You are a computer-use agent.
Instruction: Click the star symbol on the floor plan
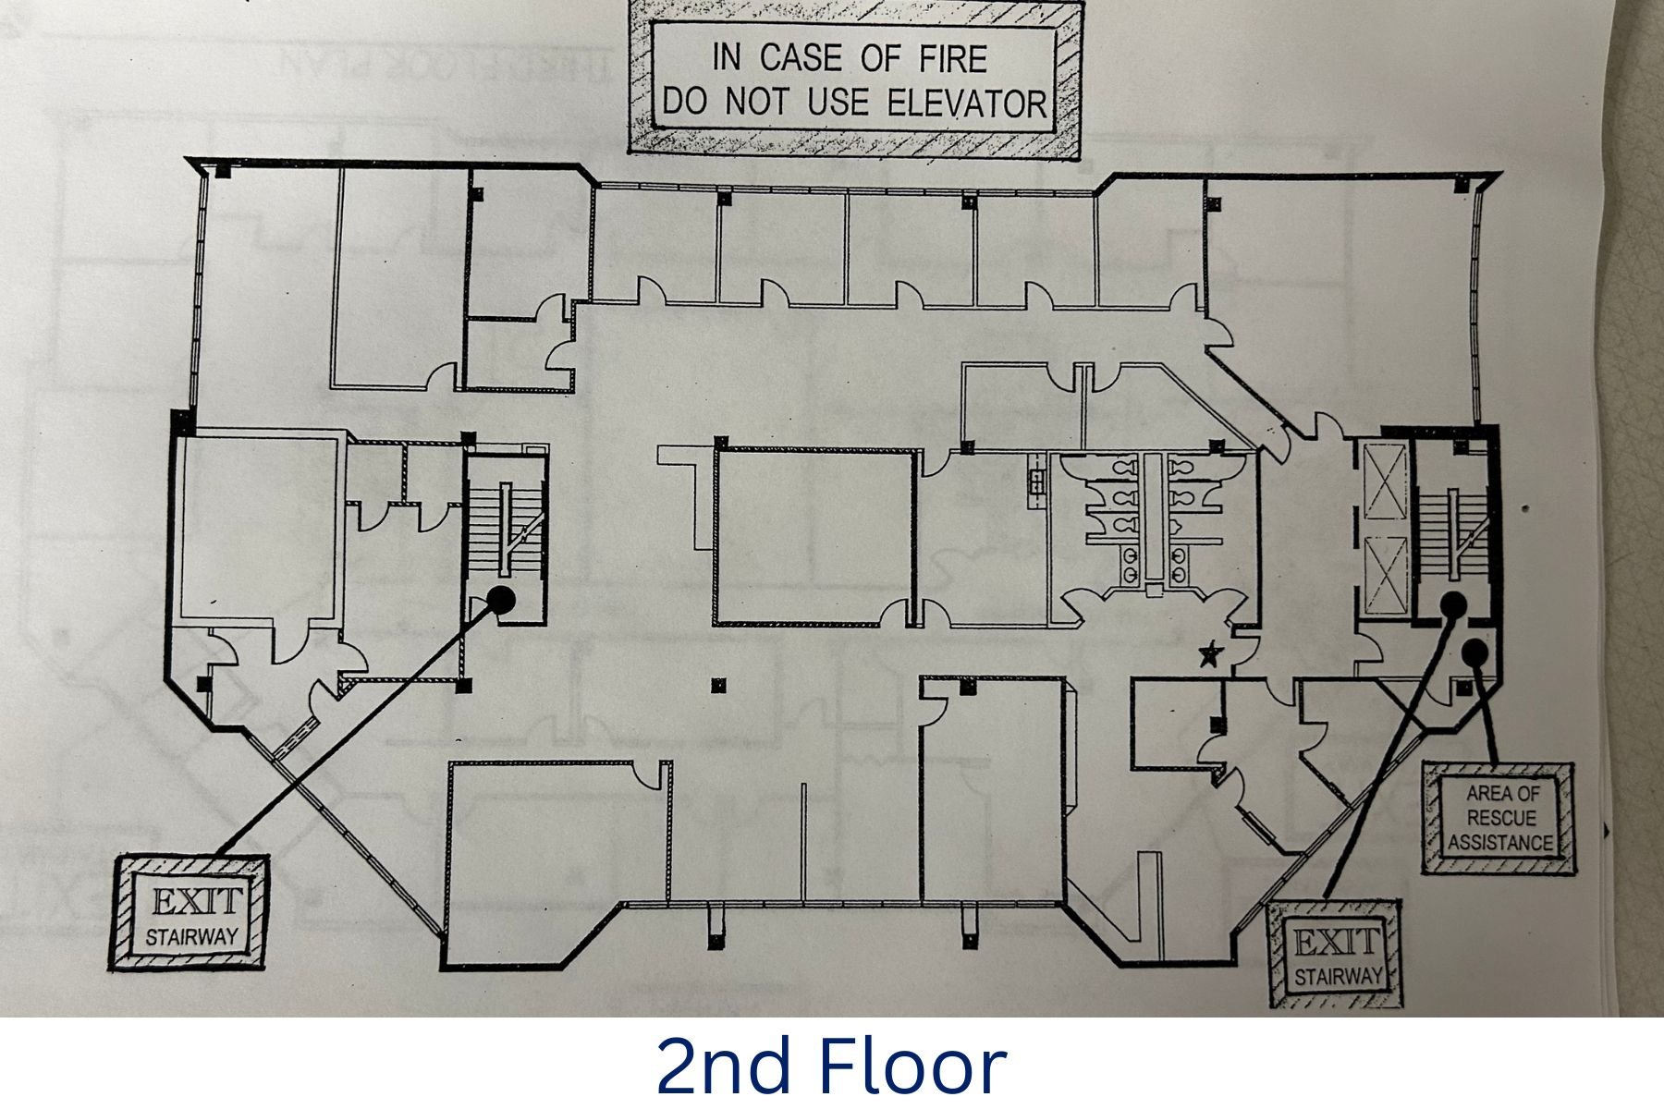(x=1209, y=655)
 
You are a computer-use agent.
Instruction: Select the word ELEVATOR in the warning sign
(x=967, y=103)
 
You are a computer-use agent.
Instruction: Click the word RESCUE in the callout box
(x=1500, y=818)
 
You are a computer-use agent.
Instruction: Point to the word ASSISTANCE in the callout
(x=1500, y=842)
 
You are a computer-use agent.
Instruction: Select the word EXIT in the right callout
(x=1336, y=944)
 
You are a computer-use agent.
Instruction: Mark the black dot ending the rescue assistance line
(x=1475, y=652)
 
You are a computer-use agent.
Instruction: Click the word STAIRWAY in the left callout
(x=191, y=937)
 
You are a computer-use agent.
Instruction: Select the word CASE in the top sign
(x=801, y=58)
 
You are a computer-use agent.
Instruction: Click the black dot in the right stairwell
(x=1453, y=604)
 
